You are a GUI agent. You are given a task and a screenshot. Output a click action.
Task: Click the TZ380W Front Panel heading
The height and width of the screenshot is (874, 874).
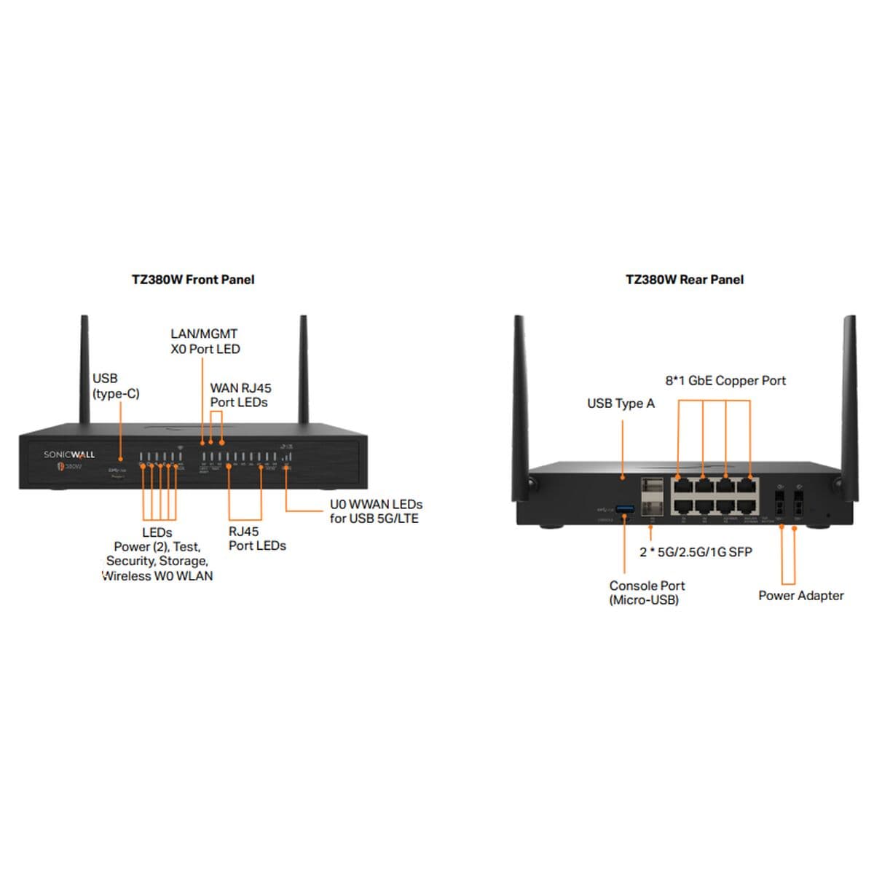(193, 280)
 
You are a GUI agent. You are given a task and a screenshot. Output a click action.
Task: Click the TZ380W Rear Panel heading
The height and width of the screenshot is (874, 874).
(685, 280)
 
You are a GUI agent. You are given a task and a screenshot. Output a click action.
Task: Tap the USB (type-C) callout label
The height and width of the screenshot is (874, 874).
(115, 386)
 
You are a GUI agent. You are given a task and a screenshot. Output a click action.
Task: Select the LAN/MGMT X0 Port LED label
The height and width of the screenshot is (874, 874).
(205, 342)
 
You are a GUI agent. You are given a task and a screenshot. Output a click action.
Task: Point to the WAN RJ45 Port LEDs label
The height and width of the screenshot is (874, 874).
(240, 395)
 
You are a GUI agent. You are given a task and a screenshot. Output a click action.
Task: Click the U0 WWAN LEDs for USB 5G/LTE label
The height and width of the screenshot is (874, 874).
(376, 511)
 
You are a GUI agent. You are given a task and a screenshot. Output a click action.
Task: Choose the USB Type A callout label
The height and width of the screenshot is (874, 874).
(621, 403)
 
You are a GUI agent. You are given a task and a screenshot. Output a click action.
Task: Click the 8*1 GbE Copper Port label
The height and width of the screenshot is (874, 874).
(725, 381)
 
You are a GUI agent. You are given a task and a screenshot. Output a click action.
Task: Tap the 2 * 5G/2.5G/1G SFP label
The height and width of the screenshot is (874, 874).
(696, 552)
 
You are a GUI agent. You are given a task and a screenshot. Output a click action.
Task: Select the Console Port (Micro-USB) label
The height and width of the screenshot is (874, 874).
(647, 593)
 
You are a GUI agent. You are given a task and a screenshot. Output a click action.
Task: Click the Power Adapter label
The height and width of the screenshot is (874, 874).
(800, 596)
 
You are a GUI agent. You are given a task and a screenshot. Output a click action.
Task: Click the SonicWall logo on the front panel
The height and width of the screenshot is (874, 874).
(69, 455)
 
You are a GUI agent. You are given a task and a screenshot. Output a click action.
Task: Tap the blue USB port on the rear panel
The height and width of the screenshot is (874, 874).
(625, 507)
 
